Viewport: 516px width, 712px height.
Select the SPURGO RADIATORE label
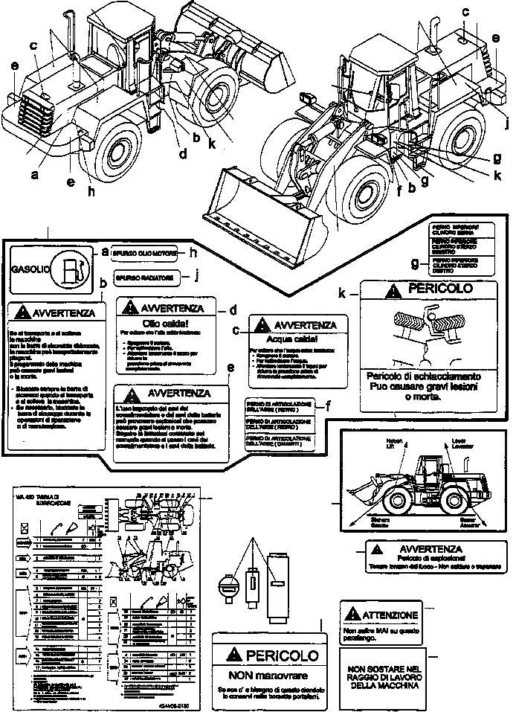coord(146,278)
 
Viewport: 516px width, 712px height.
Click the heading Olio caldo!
coord(165,324)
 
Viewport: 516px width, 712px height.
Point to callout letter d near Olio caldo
coord(232,308)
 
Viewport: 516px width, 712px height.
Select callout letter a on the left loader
coord(33,176)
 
